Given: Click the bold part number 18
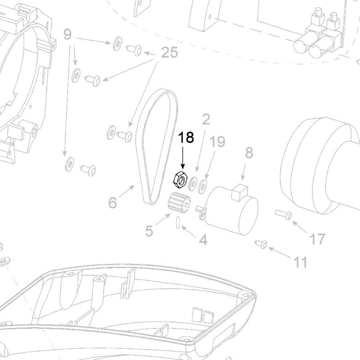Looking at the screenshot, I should (186, 138).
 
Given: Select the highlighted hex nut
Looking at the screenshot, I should (180, 180).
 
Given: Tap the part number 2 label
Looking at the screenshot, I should (206, 120).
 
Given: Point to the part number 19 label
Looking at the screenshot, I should (217, 142).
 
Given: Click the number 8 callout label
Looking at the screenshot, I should (249, 153).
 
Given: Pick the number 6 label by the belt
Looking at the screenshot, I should (112, 203).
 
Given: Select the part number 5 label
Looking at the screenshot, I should (149, 231).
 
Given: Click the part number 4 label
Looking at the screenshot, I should (203, 240).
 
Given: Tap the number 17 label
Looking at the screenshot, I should (317, 239).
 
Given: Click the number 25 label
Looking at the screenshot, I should (169, 53).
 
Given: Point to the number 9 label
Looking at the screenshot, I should (67, 34).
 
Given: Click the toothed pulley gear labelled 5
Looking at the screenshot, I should (180, 203).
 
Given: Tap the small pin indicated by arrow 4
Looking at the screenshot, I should (179, 222).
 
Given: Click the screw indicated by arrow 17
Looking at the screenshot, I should (283, 214).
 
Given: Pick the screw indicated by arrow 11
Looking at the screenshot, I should (261, 244).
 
